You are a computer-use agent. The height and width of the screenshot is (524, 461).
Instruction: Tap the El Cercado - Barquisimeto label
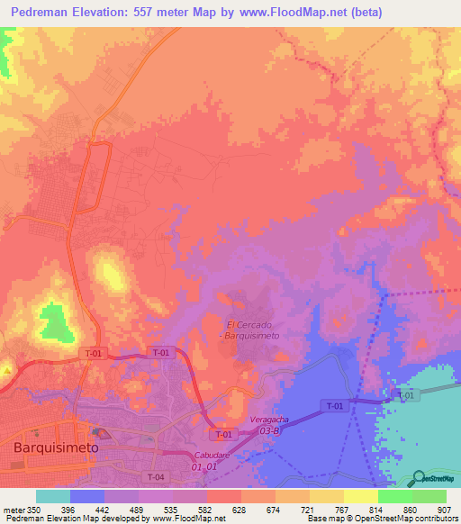coord(253,330)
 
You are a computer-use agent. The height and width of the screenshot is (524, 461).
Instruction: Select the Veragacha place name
coord(271,420)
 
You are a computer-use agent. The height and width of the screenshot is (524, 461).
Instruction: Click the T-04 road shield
coord(156,476)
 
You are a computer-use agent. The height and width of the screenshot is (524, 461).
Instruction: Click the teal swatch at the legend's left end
coord(52,496)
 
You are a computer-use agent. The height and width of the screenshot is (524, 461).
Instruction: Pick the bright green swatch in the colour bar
coord(394,496)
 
